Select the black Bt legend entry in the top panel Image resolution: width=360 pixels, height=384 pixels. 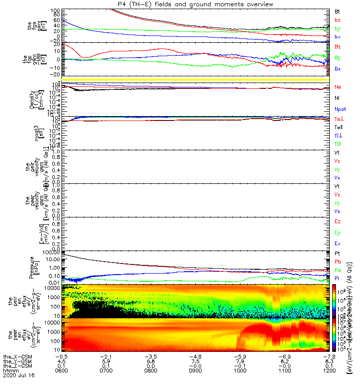point(337,11)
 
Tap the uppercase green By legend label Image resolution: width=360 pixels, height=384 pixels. point(338,58)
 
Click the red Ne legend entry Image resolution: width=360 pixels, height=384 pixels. point(338,87)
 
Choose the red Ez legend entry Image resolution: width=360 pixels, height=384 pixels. point(338,221)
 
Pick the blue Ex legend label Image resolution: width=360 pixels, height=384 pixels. point(338,243)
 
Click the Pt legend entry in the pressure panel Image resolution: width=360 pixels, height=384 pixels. point(337,253)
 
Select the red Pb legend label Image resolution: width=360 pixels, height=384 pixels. point(338,262)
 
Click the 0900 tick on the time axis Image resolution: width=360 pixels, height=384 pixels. point(198,371)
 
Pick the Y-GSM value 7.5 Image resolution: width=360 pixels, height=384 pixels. point(198,361)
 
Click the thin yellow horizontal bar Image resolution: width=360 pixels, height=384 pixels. point(198,79)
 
